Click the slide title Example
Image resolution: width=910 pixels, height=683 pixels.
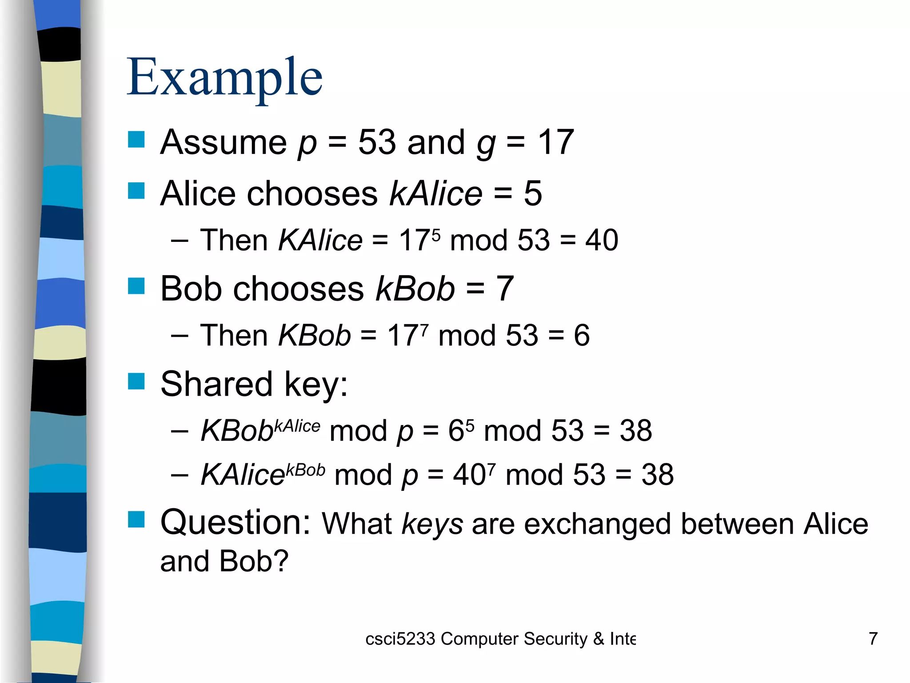point(224,78)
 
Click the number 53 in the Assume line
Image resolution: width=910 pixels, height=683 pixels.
point(377,142)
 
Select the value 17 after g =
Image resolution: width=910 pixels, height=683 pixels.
point(556,142)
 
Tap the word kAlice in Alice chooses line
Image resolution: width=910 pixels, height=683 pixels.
point(436,193)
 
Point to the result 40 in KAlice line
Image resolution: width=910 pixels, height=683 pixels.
point(602,240)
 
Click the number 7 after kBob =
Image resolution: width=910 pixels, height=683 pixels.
point(505,289)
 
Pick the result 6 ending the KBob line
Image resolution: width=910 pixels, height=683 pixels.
point(582,335)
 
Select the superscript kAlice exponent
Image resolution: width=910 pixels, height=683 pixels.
point(297,426)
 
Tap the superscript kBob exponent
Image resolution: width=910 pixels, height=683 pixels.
point(306,470)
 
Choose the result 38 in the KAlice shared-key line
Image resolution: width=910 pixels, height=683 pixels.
point(658,474)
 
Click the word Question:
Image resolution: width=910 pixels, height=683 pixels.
point(235,522)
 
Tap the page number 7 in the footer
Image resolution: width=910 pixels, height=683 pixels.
point(873,639)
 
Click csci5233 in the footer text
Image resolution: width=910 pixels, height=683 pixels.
point(400,639)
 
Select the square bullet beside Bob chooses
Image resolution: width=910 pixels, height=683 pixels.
point(136,286)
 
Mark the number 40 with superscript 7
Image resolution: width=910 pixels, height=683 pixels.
point(469,475)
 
